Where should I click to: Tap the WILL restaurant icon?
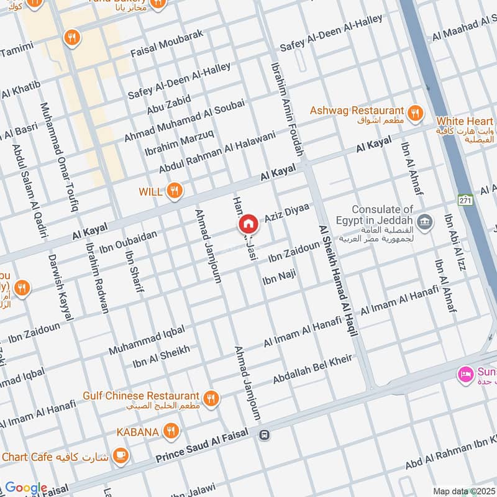click(x=175, y=191)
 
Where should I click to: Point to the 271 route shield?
click(x=465, y=200)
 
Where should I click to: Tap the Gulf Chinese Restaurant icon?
click(x=212, y=398)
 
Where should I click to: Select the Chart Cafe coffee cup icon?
click(x=121, y=457)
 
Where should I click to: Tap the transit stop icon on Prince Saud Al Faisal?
click(x=265, y=434)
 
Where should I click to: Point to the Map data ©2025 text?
click(x=464, y=491)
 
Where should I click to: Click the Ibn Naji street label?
click(x=279, y=277)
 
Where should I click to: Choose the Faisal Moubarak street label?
click(x=167, y=42)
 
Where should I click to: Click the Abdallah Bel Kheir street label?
click(x=312, y=369)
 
